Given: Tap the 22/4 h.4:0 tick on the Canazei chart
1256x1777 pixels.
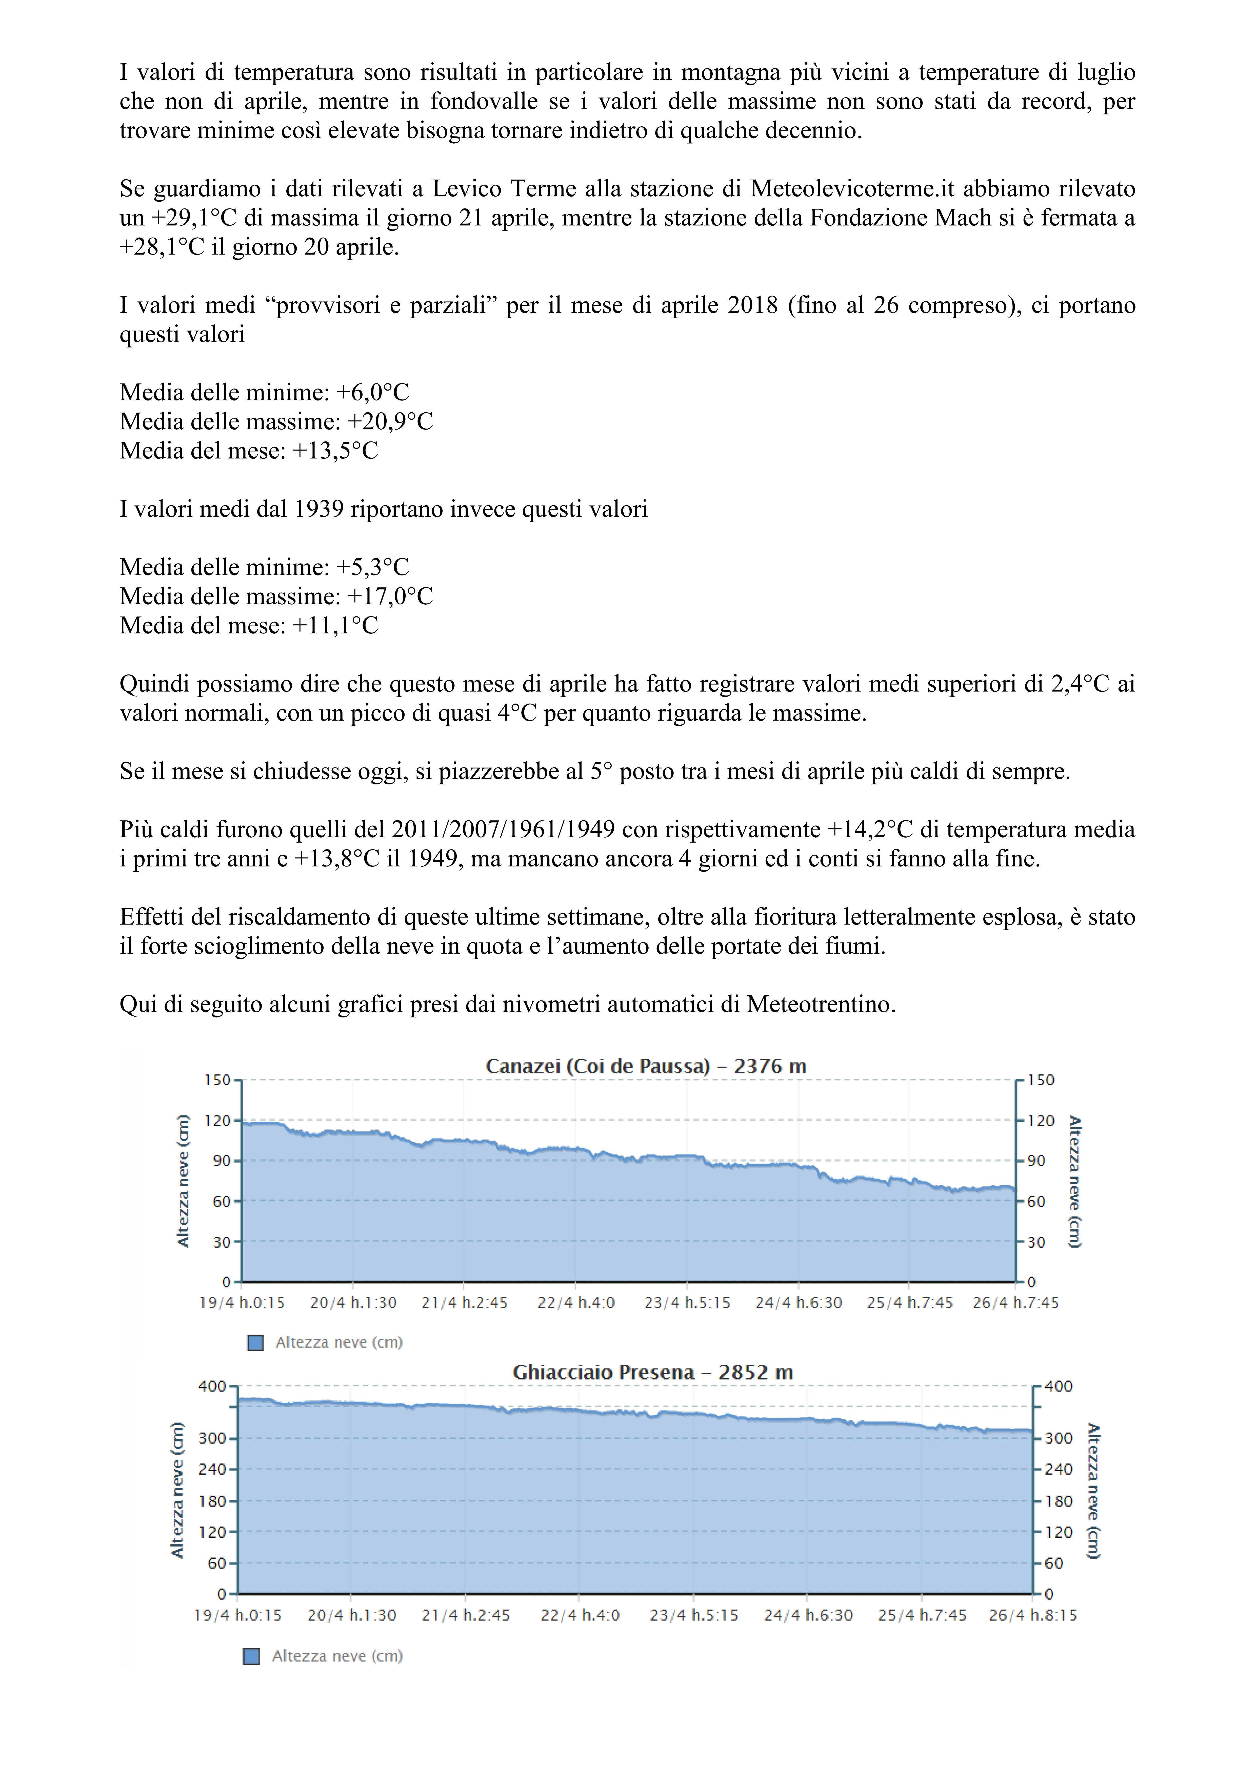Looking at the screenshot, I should coord(576,1303).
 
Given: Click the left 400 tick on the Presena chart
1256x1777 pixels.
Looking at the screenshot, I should coord(212,1386).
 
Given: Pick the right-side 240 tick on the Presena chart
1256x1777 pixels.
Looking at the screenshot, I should coord(1059,1469).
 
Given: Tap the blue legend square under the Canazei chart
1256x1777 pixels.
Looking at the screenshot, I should coord(255,1343).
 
